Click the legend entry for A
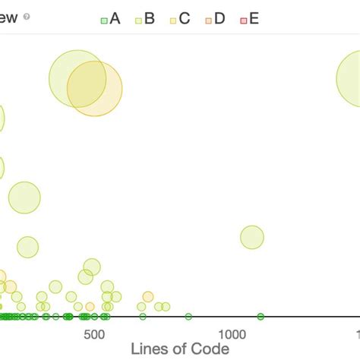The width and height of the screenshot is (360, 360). pos(111,19)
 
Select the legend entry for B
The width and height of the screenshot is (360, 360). pos(144,19)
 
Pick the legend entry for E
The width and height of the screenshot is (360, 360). pos(249,19)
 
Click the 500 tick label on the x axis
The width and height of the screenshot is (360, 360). pos(93,334)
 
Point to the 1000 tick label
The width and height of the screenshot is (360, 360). pos(232,334)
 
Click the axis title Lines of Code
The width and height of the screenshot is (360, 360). pos(180,349)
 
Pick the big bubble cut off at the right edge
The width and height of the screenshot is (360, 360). pos(351,78)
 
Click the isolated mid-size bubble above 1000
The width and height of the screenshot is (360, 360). pos(252,238)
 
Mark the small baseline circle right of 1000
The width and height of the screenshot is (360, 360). pos(261,316)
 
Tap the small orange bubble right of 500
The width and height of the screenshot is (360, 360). pos(147,296)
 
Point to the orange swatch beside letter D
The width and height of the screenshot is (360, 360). pos(208,20)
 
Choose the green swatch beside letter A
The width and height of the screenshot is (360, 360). pos(104,20)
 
